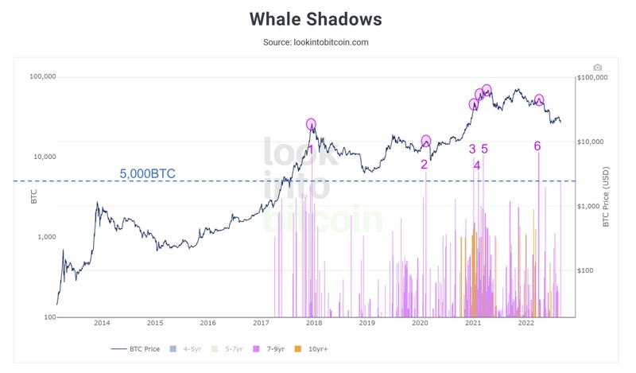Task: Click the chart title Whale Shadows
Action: pos(316,19)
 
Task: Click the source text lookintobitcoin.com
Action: pos(316,42)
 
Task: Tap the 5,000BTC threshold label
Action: pos(147,173)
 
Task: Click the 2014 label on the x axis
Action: pos(102,323)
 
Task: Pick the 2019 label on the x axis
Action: pos(366,323)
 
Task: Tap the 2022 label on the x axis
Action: pos(525,323)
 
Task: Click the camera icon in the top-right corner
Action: pos(597,68)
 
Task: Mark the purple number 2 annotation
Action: pos(424,165)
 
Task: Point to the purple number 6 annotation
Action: pos(537,146)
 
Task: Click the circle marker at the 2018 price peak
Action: pos(311,124)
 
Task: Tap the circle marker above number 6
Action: pos(539,100)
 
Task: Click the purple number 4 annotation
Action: pos(477,165)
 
